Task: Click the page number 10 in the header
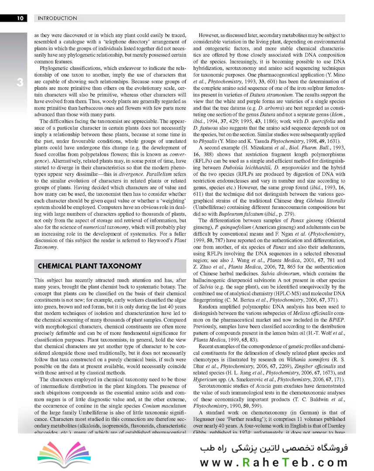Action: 20,18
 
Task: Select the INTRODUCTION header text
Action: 58,18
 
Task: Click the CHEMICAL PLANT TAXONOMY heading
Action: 89,266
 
